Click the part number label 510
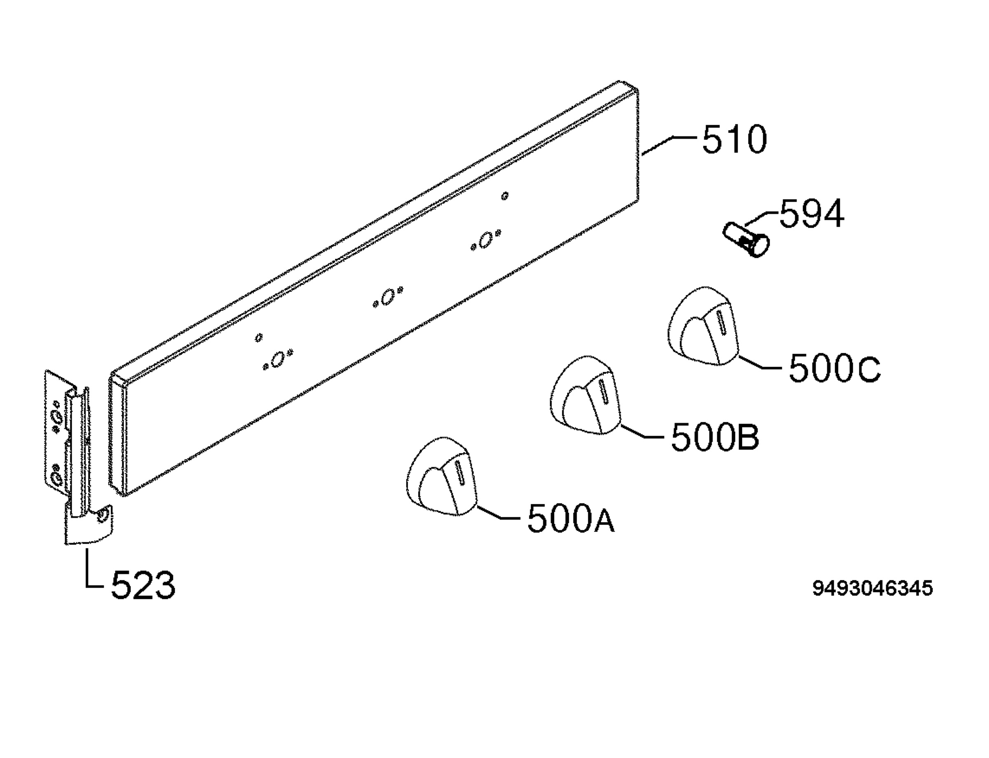[734, 140]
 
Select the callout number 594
[812, 214]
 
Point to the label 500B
[715, 436]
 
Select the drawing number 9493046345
[873, 588]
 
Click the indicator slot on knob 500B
[604, 392]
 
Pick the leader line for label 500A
[500, 514]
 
